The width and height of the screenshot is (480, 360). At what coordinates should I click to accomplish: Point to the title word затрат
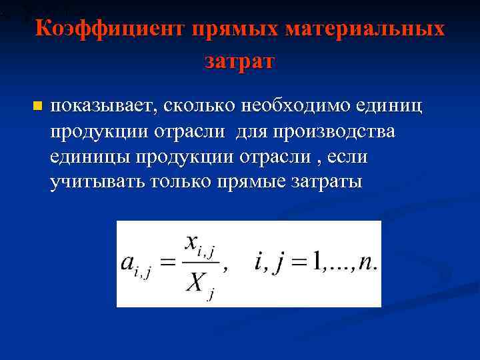[x=239, y=61]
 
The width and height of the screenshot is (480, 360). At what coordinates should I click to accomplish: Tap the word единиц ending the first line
[x=389, y=106]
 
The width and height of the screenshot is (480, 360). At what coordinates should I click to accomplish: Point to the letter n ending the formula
[x=365, y=262]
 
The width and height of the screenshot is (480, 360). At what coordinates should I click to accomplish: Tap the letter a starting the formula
[x=129, y=262]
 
